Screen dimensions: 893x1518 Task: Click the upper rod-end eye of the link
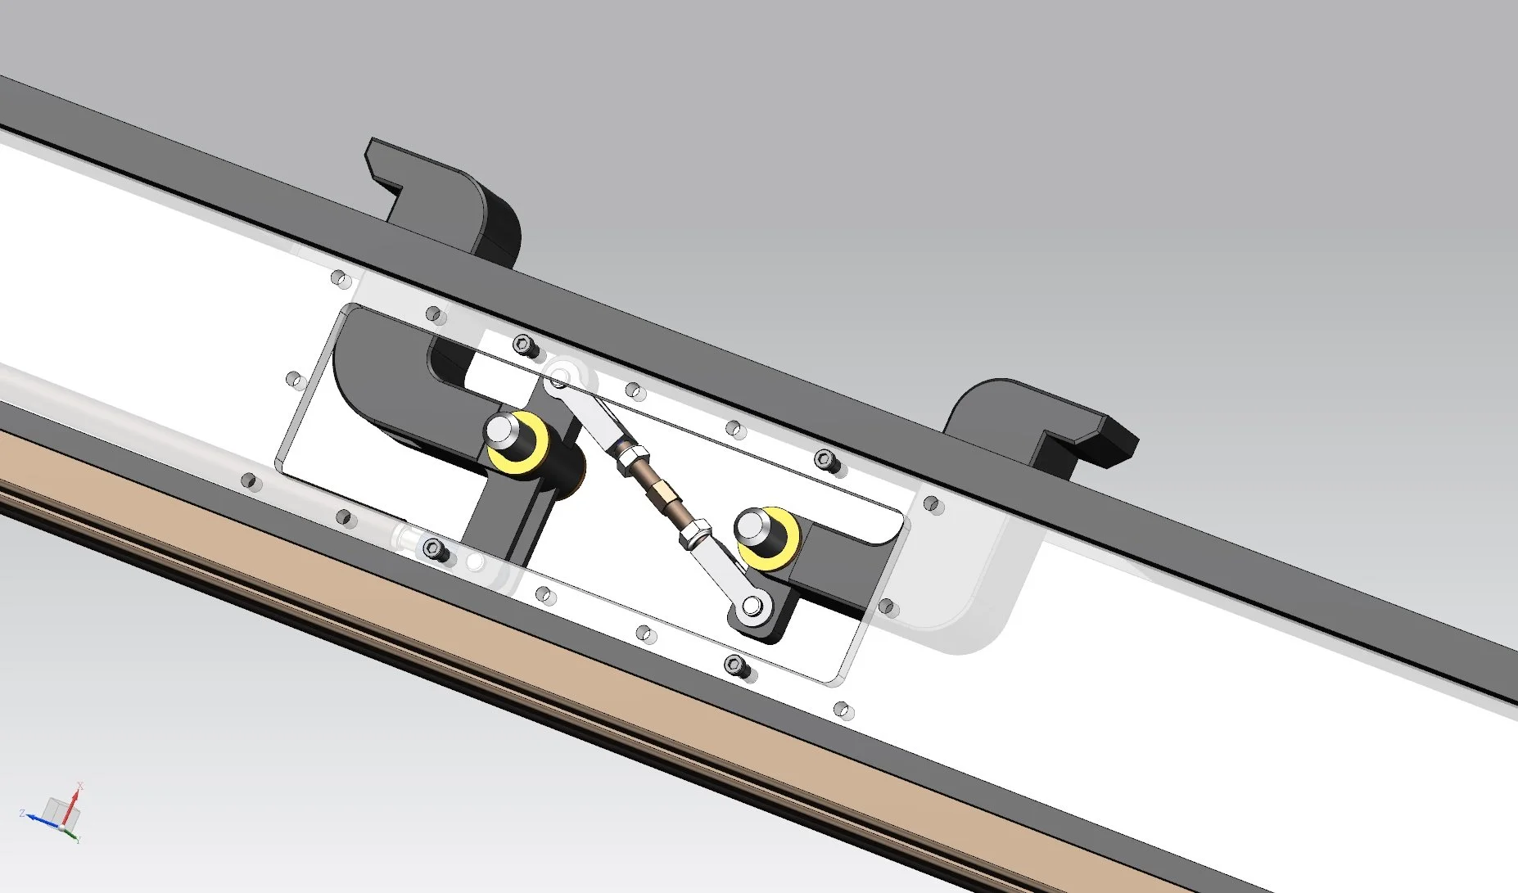pyautogui.click(x=559, y=379)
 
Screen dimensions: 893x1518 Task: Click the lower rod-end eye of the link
pyautogui.click(x=750, y=607)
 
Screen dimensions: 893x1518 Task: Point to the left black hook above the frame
pyautogui.click(x=446, y=192)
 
